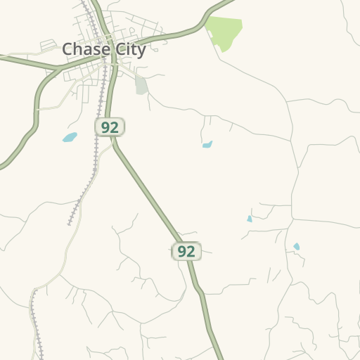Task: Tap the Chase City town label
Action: click(104, 49)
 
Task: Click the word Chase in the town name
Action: click(83, 49)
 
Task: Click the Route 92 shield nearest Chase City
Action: click(110, 127)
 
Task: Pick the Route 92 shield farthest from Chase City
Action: click(186, 251)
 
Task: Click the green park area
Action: click(225, 32)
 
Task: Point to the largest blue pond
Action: click(70, 137)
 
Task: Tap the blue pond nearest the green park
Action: click(207, 145)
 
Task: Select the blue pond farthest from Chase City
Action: click(297, 247)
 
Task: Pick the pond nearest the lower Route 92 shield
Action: click(249, 219)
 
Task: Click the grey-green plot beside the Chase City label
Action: click(141, 86)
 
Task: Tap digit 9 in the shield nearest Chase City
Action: click(105, 127)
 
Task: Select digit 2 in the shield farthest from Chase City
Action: click(191, 251)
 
